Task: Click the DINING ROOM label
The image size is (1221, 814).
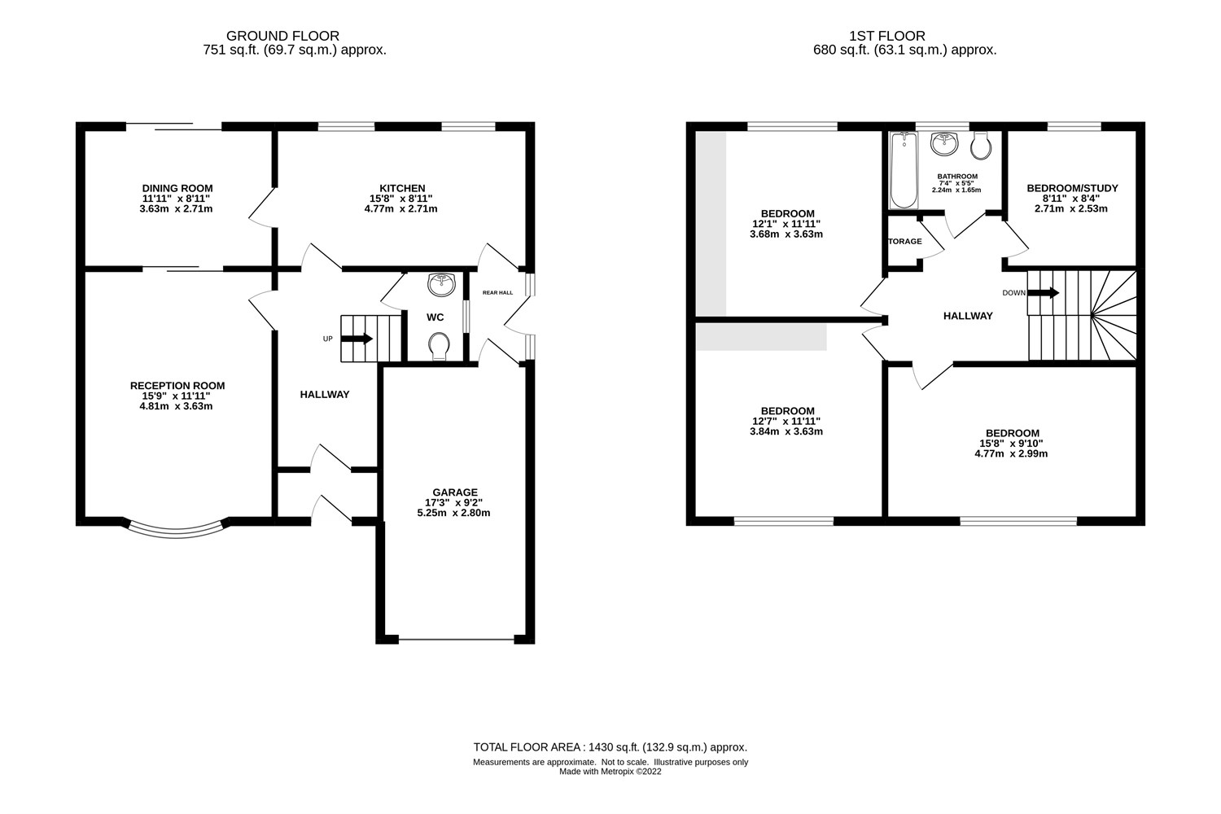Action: click(x=177, y=188)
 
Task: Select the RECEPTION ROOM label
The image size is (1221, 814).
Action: click(x=177, y=386)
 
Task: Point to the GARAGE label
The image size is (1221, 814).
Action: click(x=455, y=492)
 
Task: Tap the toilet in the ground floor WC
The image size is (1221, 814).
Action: click(x=440, y=346)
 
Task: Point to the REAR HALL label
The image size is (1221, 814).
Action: click(x=497, y=292)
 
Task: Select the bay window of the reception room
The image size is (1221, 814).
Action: click(x=176, y=530)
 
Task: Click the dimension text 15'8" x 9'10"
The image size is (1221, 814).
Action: click(x=1012, y=444)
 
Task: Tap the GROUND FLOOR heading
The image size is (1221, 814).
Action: click(x=282, y=36)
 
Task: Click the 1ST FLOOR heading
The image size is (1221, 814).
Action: click(x=886, y=36)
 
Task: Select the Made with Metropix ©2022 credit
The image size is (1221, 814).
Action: click(x=610, y=772)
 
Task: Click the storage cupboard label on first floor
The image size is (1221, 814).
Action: click(x=904, y=242)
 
